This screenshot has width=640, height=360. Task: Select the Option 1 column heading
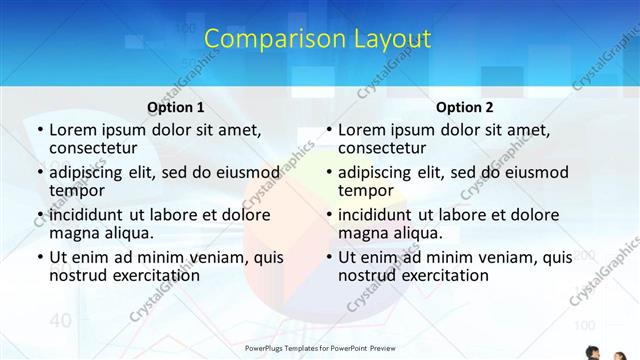[176, 107]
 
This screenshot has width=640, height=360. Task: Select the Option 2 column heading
[465, 107]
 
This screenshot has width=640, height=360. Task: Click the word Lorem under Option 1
[71, 129]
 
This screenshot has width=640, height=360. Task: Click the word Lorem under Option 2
[360, 129]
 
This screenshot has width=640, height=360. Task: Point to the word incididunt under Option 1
[88, 214]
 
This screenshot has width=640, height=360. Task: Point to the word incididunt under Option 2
[377, 214]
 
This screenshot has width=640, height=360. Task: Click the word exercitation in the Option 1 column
[142, 274]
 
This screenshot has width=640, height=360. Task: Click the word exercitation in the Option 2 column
[431, 274]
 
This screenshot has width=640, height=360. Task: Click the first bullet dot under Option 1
[39, 130]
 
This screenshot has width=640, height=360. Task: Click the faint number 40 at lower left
[59, 320]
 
